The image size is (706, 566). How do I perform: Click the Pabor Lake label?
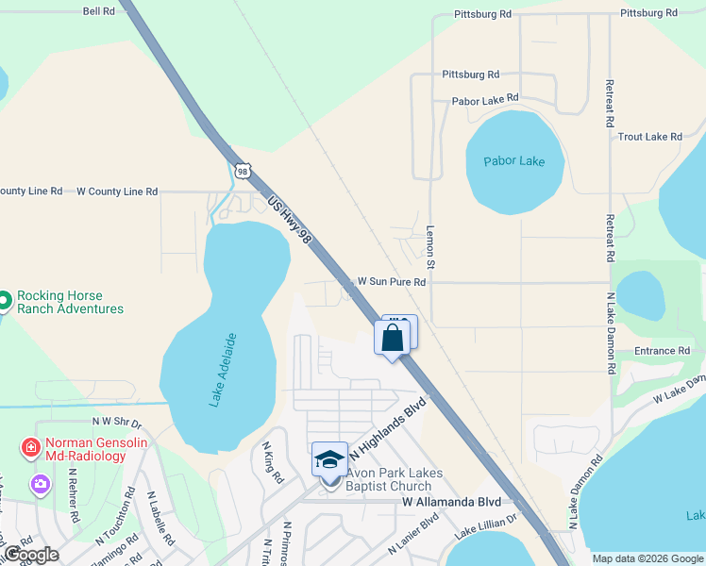click(514, 161)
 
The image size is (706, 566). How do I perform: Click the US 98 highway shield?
click(244, 171)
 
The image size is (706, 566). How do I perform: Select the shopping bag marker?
click(393, 339)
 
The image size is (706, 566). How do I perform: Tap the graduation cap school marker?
click(329, 459)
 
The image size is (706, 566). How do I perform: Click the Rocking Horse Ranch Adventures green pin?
click(4, 301)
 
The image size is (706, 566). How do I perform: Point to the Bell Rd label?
click(98, 11)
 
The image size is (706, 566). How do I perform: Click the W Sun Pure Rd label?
click(392, 282)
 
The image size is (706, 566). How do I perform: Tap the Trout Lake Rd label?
click(649, 137)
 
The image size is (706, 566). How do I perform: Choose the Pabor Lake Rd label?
click(485, 98)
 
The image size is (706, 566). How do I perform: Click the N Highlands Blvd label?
click(388, 432)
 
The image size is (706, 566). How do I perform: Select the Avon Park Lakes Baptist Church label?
click(395, 480)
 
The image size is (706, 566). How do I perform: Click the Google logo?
click(31, 555)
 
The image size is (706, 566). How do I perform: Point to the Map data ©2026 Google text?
click(647, 558)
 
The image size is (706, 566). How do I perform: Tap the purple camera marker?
click(40, 485)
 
